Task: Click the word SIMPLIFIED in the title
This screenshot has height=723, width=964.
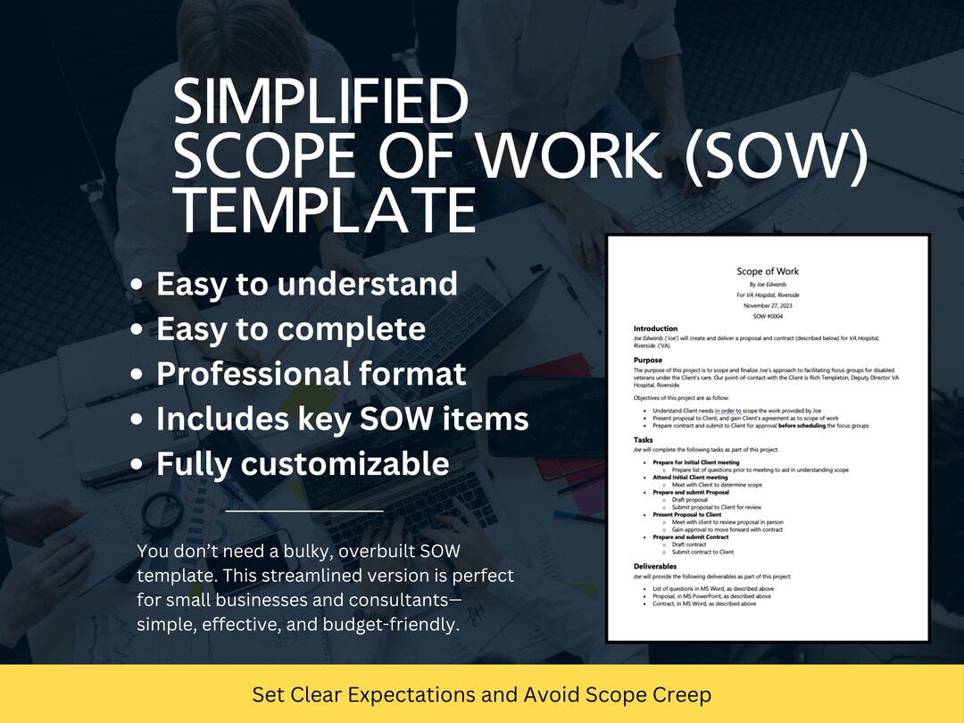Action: tap(320, 103)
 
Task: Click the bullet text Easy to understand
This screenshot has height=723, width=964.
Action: tap(307, 284)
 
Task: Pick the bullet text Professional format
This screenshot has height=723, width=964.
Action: tap(311, 374)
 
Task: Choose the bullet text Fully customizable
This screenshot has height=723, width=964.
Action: tap(303, 464)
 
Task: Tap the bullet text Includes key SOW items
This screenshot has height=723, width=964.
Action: tap(342, 419)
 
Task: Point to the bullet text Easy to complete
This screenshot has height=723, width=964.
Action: tap(291, 329)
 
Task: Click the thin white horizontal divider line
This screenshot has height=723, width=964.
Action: tap(304, 511)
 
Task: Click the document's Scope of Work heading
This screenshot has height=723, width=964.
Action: tap(768, 271)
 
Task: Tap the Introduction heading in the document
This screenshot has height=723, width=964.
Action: tap(656, 328)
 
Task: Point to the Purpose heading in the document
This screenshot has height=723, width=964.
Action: tap(648, 360)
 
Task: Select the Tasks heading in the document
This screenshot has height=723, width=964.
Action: tap(644, 439)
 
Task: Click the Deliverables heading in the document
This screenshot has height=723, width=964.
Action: tap(655, 566)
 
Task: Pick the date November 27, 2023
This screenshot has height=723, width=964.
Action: tap(768, 305)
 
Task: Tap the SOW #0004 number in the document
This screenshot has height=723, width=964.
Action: tap(768, 315)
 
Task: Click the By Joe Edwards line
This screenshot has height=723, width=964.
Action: tap(768, 284)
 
